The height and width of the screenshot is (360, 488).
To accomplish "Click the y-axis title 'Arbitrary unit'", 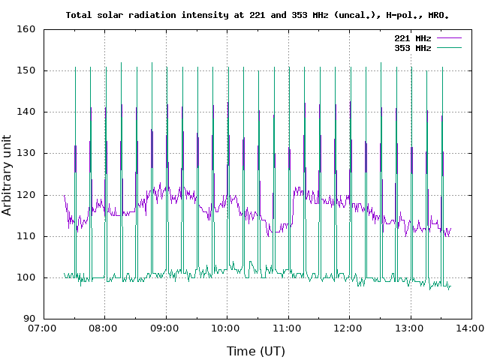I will click(x=8, y=173).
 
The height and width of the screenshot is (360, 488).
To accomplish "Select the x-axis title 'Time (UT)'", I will click(x=258, y=351).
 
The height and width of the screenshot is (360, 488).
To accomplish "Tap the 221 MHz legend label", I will click(x=412, y=37).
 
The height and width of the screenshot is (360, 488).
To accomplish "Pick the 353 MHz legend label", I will click(x=412, y=47).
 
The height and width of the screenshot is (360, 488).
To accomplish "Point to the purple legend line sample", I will click(x=448, y=37).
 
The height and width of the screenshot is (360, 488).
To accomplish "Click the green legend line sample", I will click(x=448, y=47).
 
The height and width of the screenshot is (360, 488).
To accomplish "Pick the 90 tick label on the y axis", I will click(x=29, y=319).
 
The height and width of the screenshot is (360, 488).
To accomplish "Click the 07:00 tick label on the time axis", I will click(x=43, y=328).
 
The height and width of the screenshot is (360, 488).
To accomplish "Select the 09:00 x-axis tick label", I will click(x=165, y=328).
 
